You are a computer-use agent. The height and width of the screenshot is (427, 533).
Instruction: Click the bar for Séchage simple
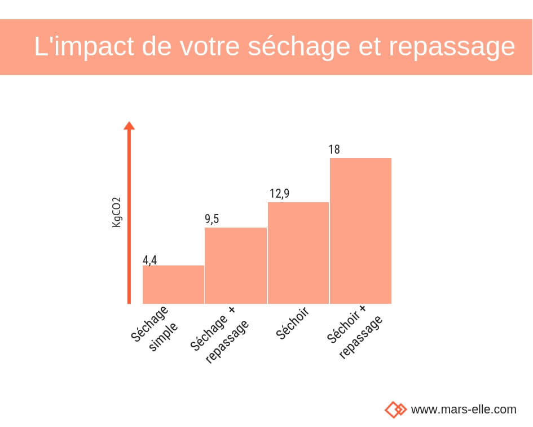tap(173, 285)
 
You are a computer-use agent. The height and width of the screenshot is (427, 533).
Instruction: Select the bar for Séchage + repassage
tap(236, 265)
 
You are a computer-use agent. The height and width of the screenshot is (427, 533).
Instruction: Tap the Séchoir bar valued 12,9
tap(298, 253)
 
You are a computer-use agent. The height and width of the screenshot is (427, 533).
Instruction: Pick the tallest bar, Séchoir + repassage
tap(360, 231)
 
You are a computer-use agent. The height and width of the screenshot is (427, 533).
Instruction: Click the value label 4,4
tap(149, 260)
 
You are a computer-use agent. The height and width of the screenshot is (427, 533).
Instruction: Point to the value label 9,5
tap(212, 219)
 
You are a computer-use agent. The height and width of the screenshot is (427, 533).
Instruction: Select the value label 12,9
tap(279, 194)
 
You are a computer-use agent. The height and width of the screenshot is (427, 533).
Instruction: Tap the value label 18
tap(334, 150)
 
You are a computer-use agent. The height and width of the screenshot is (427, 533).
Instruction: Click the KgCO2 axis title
tap(117, 212)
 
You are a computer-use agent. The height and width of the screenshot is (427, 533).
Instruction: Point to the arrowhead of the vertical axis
tap(129, 125)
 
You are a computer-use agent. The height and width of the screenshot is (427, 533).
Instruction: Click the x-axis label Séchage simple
tap(155, 329)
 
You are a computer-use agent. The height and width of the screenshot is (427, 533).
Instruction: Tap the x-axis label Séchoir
tap(292, 323)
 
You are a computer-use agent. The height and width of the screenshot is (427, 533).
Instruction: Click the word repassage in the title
tap(452, 47)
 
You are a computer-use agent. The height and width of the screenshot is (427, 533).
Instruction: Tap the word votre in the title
tap(210, 47)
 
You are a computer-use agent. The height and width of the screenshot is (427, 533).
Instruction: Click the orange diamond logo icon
tap(395, 409)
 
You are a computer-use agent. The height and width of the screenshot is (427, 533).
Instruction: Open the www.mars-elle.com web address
tap(463, 409)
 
